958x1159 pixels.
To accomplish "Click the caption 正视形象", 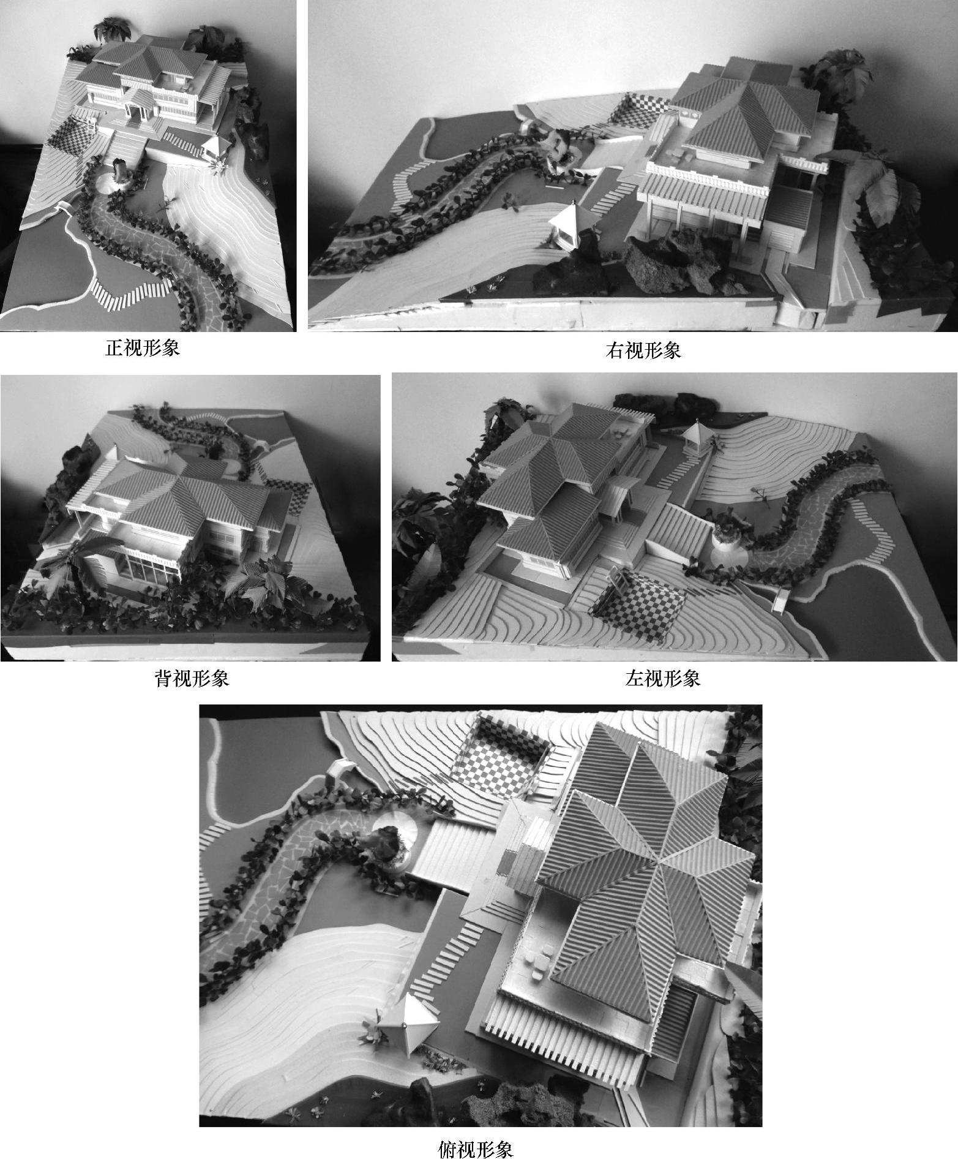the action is coord(143,349).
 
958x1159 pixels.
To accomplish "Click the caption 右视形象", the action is coord(643,350).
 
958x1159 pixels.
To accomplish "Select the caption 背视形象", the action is coord(192,679).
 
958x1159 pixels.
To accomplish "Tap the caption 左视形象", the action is coord(663,679).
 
